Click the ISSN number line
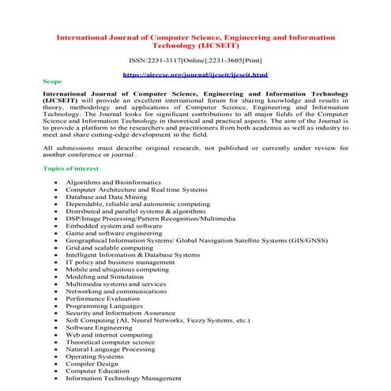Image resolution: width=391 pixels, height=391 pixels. pos(195,60)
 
